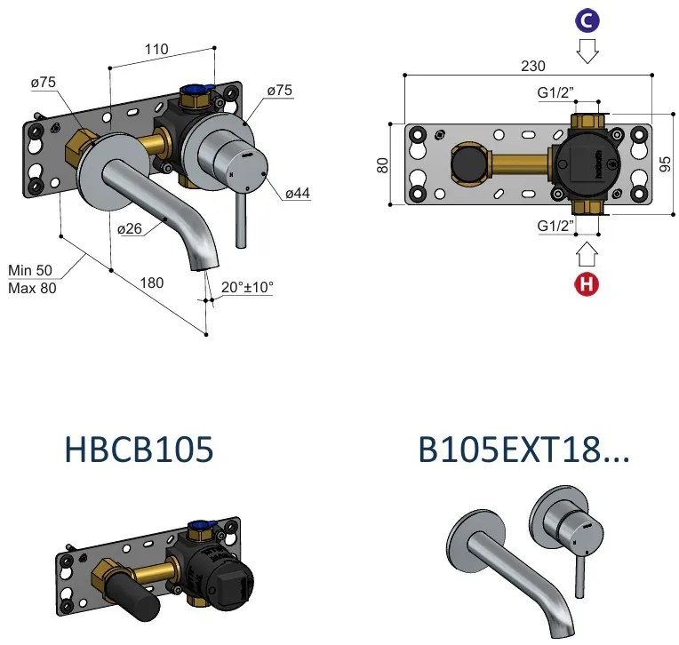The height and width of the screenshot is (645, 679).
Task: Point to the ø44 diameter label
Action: [297, 193]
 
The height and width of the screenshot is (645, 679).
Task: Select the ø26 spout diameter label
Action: [130, 228]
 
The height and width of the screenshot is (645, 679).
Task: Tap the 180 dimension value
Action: [153, 283]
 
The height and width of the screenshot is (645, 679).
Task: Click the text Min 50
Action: [30, 270]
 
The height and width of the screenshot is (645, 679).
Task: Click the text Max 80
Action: [31, 287]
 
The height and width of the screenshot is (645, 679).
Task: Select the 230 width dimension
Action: [533, 66]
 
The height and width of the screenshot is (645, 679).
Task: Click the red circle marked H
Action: [587, 284]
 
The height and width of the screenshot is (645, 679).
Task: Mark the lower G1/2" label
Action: [556, 227]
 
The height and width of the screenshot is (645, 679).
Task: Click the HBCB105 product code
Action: [140, 450]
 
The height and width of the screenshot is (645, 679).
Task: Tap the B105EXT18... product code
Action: [523, 450]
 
